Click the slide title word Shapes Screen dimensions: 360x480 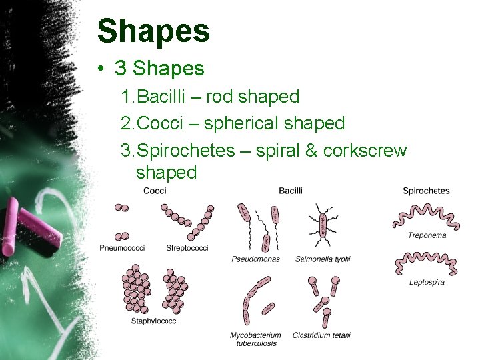(153, 31)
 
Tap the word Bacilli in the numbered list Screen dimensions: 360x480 (164, 97)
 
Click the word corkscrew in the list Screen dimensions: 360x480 (365, 151)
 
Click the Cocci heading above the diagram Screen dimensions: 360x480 (155, 191)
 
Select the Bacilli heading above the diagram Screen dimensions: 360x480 (291, 191)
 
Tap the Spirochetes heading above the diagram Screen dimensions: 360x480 (426, 191)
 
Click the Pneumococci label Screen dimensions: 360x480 (122, 248)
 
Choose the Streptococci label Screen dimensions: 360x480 (187, 248)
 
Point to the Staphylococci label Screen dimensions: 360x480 (155, 321)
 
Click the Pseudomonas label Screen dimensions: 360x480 (256, 259)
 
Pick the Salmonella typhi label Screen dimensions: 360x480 (323, 259)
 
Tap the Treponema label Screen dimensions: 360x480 (427, 235)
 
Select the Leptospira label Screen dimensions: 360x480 (427, 282)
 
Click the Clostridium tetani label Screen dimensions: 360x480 (321, 335)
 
